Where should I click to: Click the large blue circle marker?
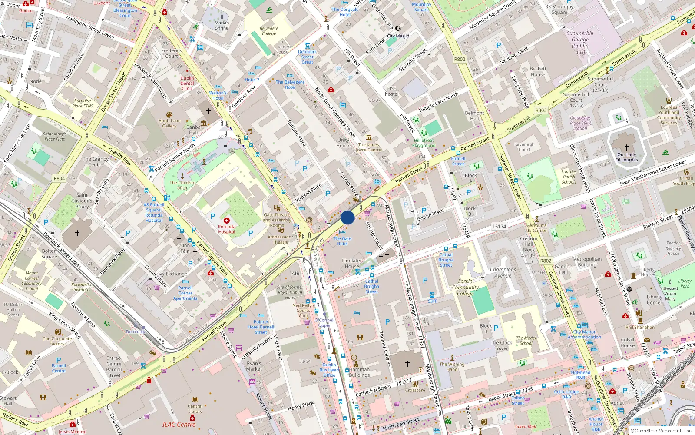pyautogui.click(x=347, y=217)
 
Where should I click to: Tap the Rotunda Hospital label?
pyautogui.click(x=226, y=229)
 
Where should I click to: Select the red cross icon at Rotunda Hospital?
pyautogui.click(x=226, y=221)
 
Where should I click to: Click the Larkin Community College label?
pyautogui.click(x=465, y=287)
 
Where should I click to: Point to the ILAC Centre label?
pyautogui.click(x=179, y=424)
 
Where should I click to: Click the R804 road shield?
pyautogui.click(x=59, y=178)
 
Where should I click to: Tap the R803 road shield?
pyautogui.click(x=541, y=110)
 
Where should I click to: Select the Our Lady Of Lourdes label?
pyautogui.click(x=626, y=157)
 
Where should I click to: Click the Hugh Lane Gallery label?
pyautogui.click(x=169, y=124)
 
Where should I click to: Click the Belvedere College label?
pyautogui.click(x=269, y=31)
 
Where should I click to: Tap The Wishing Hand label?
pyautogui.click(x=452, y=367)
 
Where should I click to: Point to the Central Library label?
pyautogui.click(x=195, y=408)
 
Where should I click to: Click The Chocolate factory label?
pyautogui.click(x=57, y=341)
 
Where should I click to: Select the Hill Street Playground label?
pyautogui.click(x=424, y=143)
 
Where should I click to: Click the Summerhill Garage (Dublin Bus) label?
pyautogui.click(x=580, y=43)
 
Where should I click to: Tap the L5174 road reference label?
pyautogui.click(x=499, y=226)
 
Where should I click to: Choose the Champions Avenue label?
pyautogui.click(x=503, y=272)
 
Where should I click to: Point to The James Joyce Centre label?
pyautogui.click(x=368, y=147)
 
